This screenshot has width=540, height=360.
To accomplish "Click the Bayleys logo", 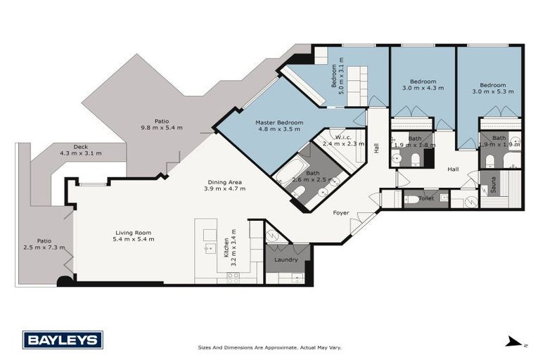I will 63,340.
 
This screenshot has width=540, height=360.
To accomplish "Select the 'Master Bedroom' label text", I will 279,122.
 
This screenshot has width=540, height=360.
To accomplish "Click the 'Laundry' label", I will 287,259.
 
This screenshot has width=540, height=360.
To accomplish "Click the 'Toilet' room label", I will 425,199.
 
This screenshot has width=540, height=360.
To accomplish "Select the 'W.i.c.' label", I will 342,136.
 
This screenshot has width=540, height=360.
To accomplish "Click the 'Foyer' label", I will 341,212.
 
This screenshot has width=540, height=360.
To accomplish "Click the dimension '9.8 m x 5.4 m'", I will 162,128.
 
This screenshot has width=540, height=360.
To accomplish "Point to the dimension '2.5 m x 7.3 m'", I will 44,247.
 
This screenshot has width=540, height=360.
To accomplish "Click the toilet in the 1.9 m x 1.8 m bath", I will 415,157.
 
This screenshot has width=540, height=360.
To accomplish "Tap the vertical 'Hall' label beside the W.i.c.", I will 376,148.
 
